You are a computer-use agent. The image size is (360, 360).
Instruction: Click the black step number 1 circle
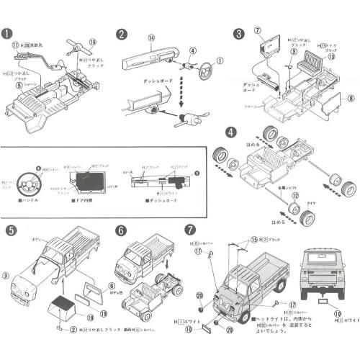tap(7, 34)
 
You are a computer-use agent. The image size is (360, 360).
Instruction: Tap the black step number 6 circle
tap(121, 230)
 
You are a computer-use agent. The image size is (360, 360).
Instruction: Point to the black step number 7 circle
tap(189, 230)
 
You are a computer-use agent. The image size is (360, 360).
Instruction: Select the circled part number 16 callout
tap(92, 42)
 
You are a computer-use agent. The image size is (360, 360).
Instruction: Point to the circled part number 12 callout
tap(294, 195)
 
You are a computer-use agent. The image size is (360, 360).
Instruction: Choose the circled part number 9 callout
tap(6, 275)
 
